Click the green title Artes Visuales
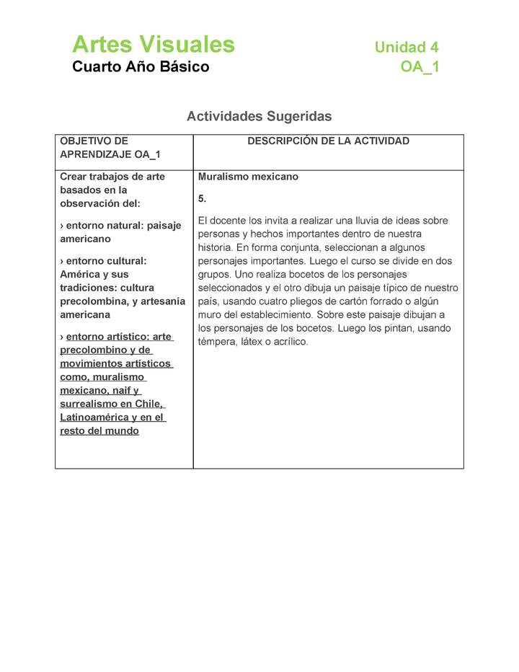click(x=153, y=45)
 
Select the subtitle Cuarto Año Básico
click(x=141, y=67)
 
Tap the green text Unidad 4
click(x=406, y=48)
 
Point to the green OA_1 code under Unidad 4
click(x=420, y=67)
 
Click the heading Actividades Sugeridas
click(x=259, y=116)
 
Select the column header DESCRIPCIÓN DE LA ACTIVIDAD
click(x=328, y=141)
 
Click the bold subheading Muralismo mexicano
click(x=248, y=177)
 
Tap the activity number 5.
click(x=202, y=198)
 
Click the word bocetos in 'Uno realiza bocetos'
click(x=324, y=275)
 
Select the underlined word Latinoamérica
click(x=94, y=417)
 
